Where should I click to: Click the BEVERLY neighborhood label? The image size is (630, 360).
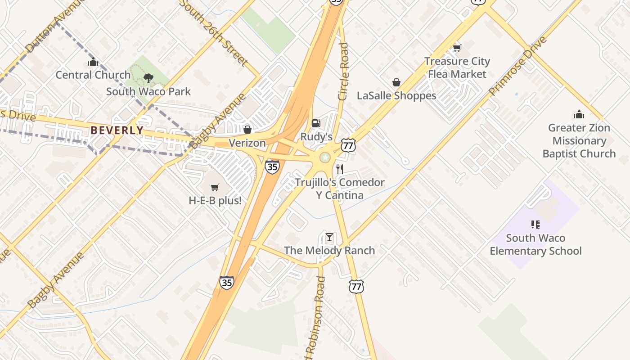(117, 130)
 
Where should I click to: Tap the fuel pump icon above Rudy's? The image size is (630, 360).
(316, 123)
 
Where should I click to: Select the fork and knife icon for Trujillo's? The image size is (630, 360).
(340, 169)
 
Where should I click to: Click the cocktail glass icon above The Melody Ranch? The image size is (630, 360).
(329, 237)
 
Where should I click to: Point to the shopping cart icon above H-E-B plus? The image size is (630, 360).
(215, 187)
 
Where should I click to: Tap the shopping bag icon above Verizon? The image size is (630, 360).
(247, 130)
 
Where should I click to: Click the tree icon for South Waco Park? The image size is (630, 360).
(148, 79)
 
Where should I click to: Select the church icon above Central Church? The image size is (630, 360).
(93, 62)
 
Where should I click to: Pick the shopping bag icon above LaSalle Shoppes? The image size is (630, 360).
(396, 82)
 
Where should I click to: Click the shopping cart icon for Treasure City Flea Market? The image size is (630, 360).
(457, 48)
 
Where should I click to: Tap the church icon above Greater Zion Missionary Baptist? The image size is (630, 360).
(579, 114)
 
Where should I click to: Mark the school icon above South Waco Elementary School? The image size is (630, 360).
(535, 224)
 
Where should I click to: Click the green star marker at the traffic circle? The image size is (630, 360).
(324, 157)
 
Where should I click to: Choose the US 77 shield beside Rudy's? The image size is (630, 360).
(348, 145)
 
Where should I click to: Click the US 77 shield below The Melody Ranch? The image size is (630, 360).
(356, 286)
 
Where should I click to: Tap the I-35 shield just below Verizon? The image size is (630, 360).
(272, 166)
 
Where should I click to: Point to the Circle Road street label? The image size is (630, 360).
(343, 71)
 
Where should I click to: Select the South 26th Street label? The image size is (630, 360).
(213, 32)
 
